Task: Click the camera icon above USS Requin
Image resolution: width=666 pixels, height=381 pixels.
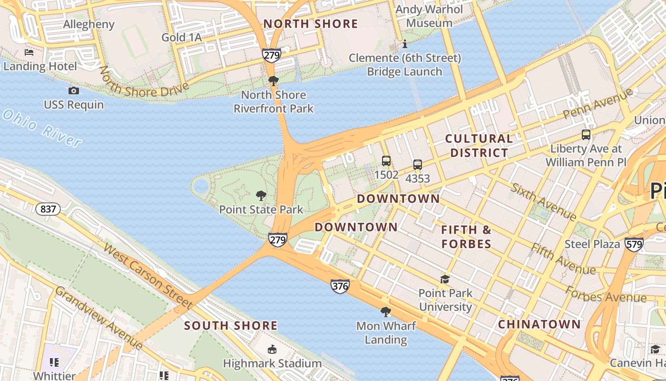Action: [74, 90]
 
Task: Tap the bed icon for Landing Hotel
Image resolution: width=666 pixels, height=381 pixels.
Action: [29, 52]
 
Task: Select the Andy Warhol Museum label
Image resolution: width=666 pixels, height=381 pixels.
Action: [429, 16]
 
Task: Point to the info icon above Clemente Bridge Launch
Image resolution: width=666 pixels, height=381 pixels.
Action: [405, 44]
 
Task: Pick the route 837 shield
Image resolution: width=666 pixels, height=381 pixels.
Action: [48, 209]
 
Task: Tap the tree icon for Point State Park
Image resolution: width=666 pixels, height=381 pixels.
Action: [261, 195]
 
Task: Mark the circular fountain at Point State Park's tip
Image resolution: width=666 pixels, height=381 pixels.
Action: [201, 186]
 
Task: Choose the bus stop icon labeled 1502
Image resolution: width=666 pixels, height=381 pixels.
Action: [386, 161]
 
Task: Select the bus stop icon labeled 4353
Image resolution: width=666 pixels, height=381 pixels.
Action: [418, 165]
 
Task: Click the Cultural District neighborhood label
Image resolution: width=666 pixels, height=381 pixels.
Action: [479, 146]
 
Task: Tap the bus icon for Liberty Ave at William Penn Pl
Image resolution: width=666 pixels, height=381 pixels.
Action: [586, 135]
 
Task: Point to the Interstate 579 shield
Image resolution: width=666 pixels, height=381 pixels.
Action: [634, 244]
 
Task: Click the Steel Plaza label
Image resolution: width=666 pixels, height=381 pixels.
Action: [592, 244]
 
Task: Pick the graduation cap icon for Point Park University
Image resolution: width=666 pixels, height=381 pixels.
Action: [445, 279]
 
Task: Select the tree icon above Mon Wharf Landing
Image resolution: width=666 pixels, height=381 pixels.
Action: [386, 312]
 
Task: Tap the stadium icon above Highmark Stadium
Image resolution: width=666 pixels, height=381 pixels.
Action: [272, 350]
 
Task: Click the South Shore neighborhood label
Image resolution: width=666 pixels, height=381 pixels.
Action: [231, 326]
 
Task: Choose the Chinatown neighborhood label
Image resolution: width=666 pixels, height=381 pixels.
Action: [539, 324]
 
